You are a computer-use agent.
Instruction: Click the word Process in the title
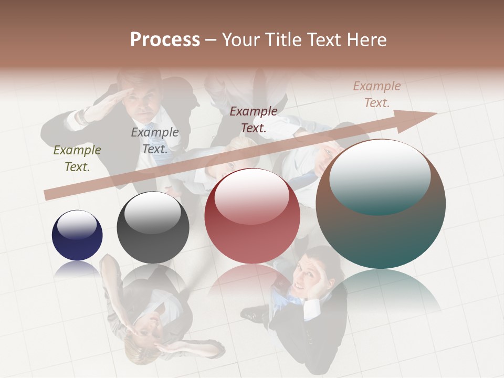pos(165,40)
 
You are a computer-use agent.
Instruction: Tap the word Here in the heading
pos(366,40)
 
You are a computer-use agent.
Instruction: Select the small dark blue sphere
pos(77,235)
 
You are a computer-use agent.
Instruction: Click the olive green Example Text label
pos(77,159)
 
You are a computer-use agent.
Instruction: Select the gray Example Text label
pos(155,141)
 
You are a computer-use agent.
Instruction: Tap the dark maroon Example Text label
pos(254,119)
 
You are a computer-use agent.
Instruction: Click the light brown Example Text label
pos(377,94)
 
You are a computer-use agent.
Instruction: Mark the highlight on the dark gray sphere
pos(153,212)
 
